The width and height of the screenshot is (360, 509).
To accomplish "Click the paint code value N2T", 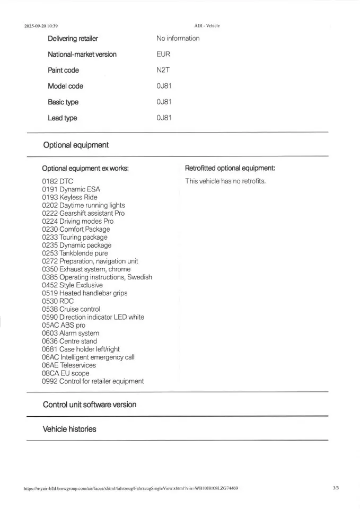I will pyautogui.click(x=163, y=70).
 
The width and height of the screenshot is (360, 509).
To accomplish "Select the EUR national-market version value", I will pyautogui.click(x=163, y=54).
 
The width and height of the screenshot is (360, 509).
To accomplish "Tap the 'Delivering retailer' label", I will pyautogui.click(x=73, y=38).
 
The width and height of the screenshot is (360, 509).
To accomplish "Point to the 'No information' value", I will pyautogui.click(x=178, y=38).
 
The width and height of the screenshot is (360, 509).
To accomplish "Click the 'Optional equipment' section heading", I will pyautogui.click(x=76, y=145).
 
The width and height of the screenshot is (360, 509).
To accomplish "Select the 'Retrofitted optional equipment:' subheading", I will pyautogui.click(x=230, y=169).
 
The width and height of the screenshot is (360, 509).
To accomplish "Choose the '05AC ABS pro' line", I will pyautogui.click(x=63, y=325).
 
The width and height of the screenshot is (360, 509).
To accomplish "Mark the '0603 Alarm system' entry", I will pyautogui.click(x=71, y=333).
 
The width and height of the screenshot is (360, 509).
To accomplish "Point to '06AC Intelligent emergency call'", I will pyautogui.click(x=88, y=357).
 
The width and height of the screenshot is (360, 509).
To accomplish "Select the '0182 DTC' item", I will pyautogui.click(x=57, y=181).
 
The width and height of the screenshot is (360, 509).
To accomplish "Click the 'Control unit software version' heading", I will pyautogui.click(x=90, y=405).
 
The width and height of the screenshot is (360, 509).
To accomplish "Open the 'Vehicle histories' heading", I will pyautogui.click(x=69, y=429).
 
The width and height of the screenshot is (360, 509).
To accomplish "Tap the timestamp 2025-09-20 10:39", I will pyautogui.click(x=41, y=25).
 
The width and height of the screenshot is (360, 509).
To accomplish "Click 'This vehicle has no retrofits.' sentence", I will pyautogui.click(x=225, y=181).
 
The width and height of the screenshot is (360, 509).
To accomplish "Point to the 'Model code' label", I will pyautogui.click(x=65, y=86).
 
